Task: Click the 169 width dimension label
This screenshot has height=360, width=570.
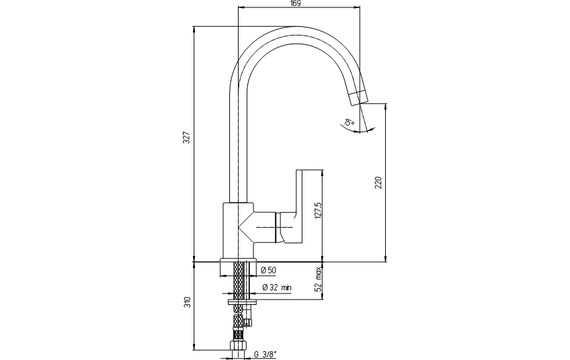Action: click(296, 3)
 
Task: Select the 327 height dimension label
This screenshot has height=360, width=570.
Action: click(186, 137)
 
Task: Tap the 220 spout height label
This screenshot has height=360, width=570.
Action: click(378, 183)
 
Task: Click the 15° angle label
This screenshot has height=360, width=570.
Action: click(349, 123)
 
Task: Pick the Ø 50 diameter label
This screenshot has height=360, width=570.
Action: click(269, 270)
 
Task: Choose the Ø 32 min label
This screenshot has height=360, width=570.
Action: click(277, 287)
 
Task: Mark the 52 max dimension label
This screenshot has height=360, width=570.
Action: click(319, 279)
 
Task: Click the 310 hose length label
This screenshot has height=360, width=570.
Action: click(187, 302)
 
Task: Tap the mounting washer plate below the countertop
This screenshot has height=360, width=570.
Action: click(242, 302)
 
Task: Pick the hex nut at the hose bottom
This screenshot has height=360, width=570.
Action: click(238, 345)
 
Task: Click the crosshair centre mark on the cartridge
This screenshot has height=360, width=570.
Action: click(278, 227)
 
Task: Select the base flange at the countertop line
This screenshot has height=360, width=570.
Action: click(238, 260)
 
